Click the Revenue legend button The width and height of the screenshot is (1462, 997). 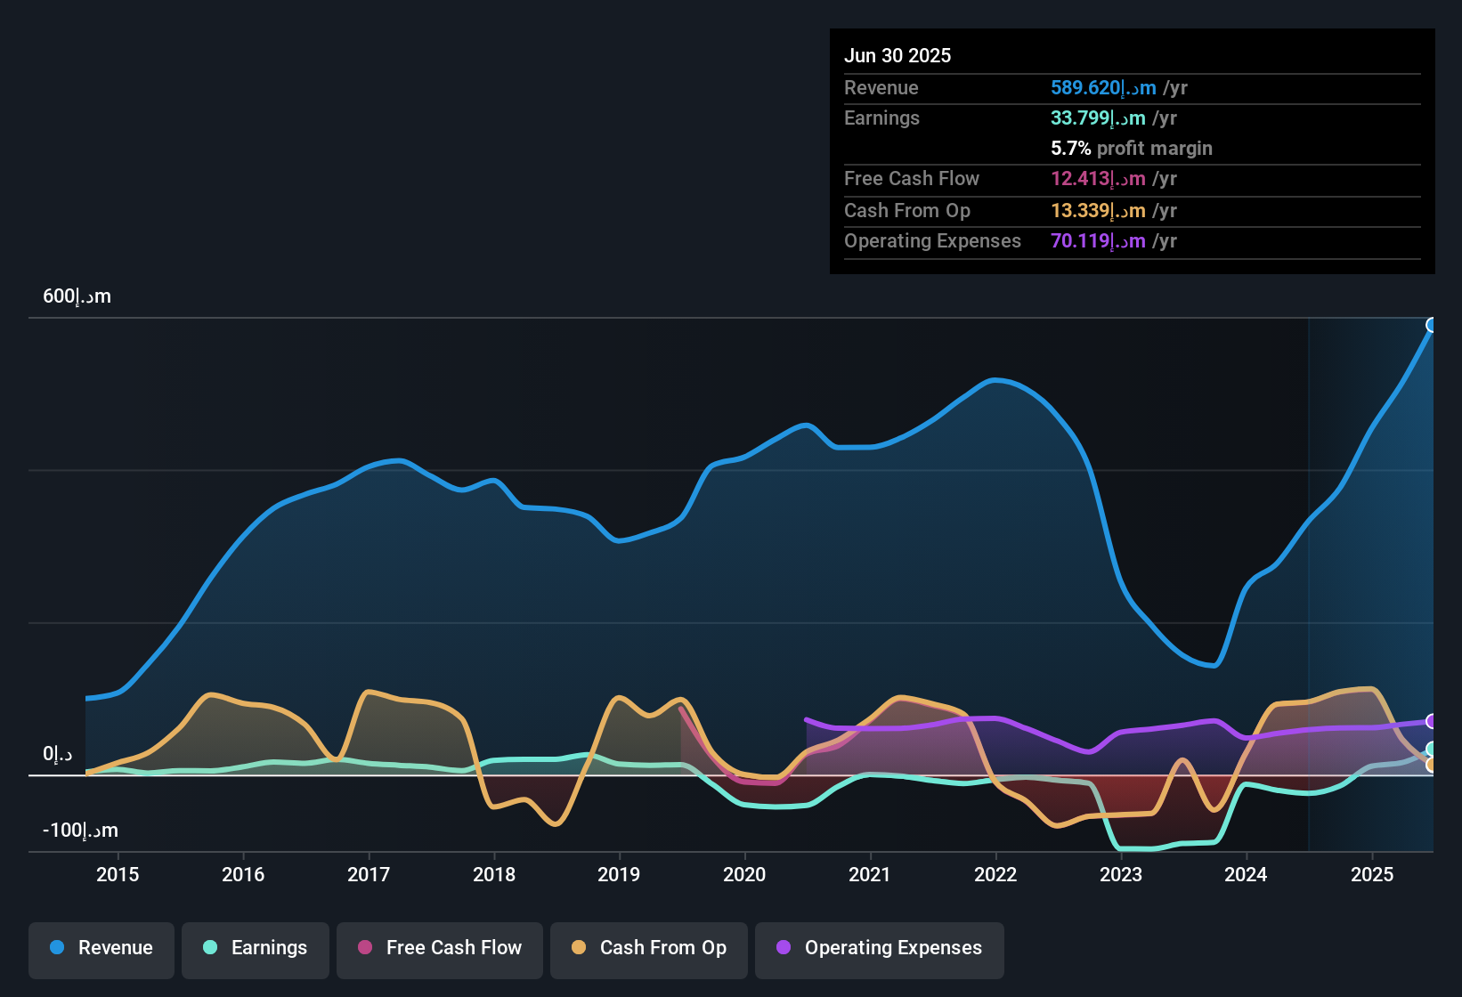[x=102, y=948]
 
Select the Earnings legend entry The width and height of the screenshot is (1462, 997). [x=256, y=948]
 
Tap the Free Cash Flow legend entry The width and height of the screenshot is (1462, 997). [x=440, y=948]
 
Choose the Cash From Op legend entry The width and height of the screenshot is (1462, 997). [x=649, y=948]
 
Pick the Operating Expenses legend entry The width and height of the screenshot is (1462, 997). [x=880, y=948]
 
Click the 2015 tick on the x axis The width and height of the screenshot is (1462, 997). [x=118, y=874]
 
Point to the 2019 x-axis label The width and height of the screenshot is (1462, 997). [x=619, y=874]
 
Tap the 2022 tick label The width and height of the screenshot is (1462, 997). [x=995, y=874]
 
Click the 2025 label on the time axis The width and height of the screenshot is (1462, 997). [x=1372, y=874]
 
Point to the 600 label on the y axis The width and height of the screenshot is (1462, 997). [x=77, y=296]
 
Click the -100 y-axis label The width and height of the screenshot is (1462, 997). [x=80, y=831]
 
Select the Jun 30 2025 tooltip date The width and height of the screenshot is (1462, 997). [x=898, y=56]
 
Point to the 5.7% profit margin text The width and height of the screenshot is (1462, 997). [x=1131, y=149]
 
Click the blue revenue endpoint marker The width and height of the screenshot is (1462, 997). [x=1432, y=325]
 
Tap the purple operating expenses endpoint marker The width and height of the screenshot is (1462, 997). [x=1432, y=721]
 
